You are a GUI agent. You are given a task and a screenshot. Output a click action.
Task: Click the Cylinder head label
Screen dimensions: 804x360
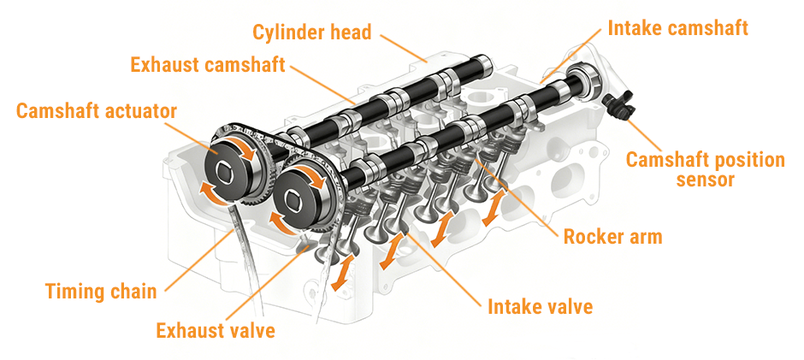311,32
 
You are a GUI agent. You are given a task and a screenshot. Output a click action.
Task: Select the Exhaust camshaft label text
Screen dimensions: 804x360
208,65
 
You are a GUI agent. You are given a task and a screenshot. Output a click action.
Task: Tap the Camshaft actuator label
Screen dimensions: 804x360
97,111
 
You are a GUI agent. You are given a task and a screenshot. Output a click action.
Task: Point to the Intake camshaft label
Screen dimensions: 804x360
678,27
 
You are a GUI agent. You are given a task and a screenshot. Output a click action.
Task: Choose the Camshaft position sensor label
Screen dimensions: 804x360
705,170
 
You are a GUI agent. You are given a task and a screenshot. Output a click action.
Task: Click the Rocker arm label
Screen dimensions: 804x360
612,236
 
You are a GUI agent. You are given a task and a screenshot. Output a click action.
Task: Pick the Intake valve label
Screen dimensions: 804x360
540,307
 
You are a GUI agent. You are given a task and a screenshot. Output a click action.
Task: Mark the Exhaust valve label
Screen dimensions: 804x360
216,330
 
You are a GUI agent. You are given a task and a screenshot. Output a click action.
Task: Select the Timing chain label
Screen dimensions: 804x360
101,292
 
